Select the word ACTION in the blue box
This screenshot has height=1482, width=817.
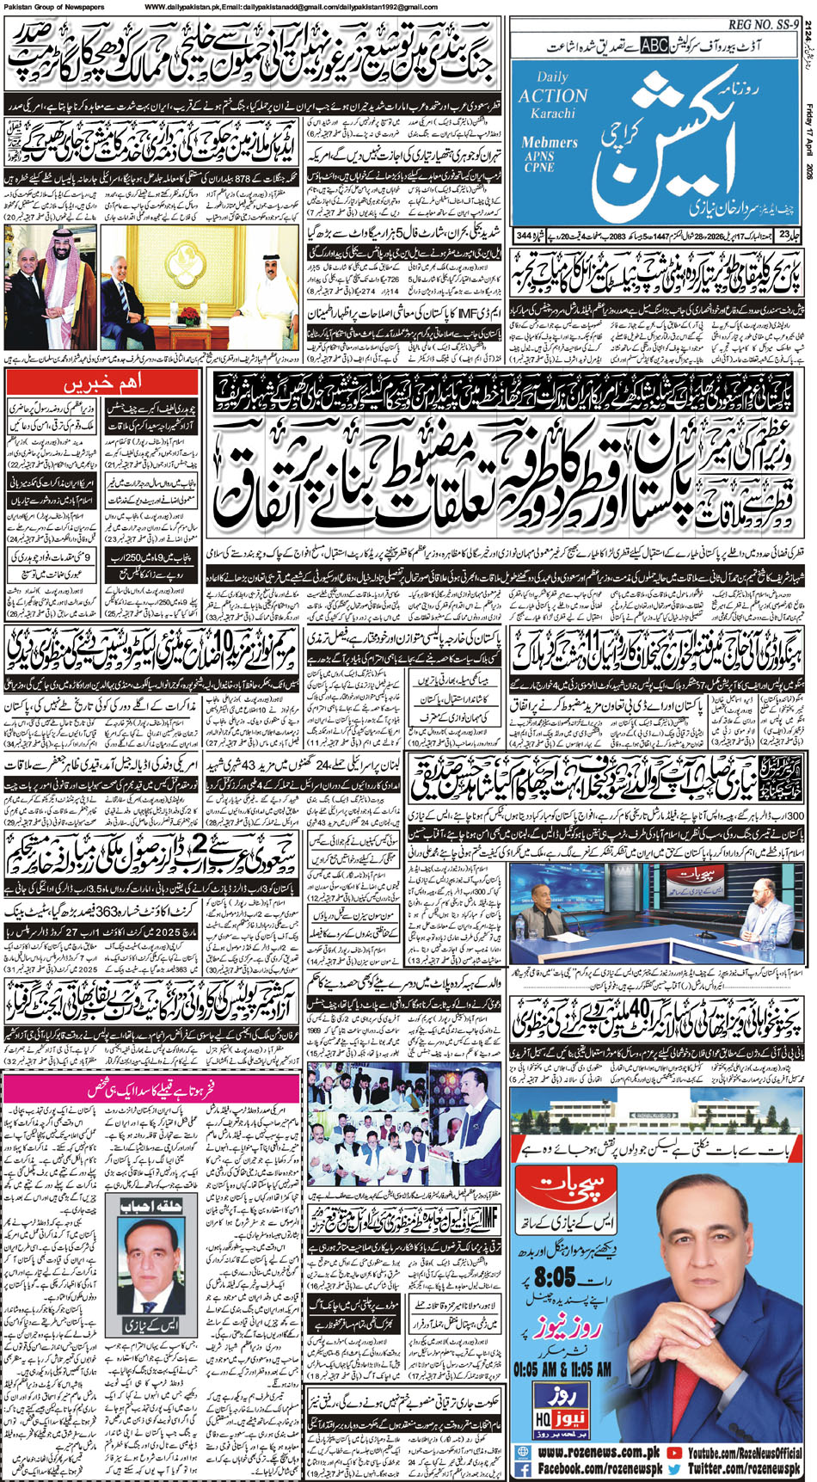(x=553, y=95)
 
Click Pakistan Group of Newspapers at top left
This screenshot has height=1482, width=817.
(x=53, y=7)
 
